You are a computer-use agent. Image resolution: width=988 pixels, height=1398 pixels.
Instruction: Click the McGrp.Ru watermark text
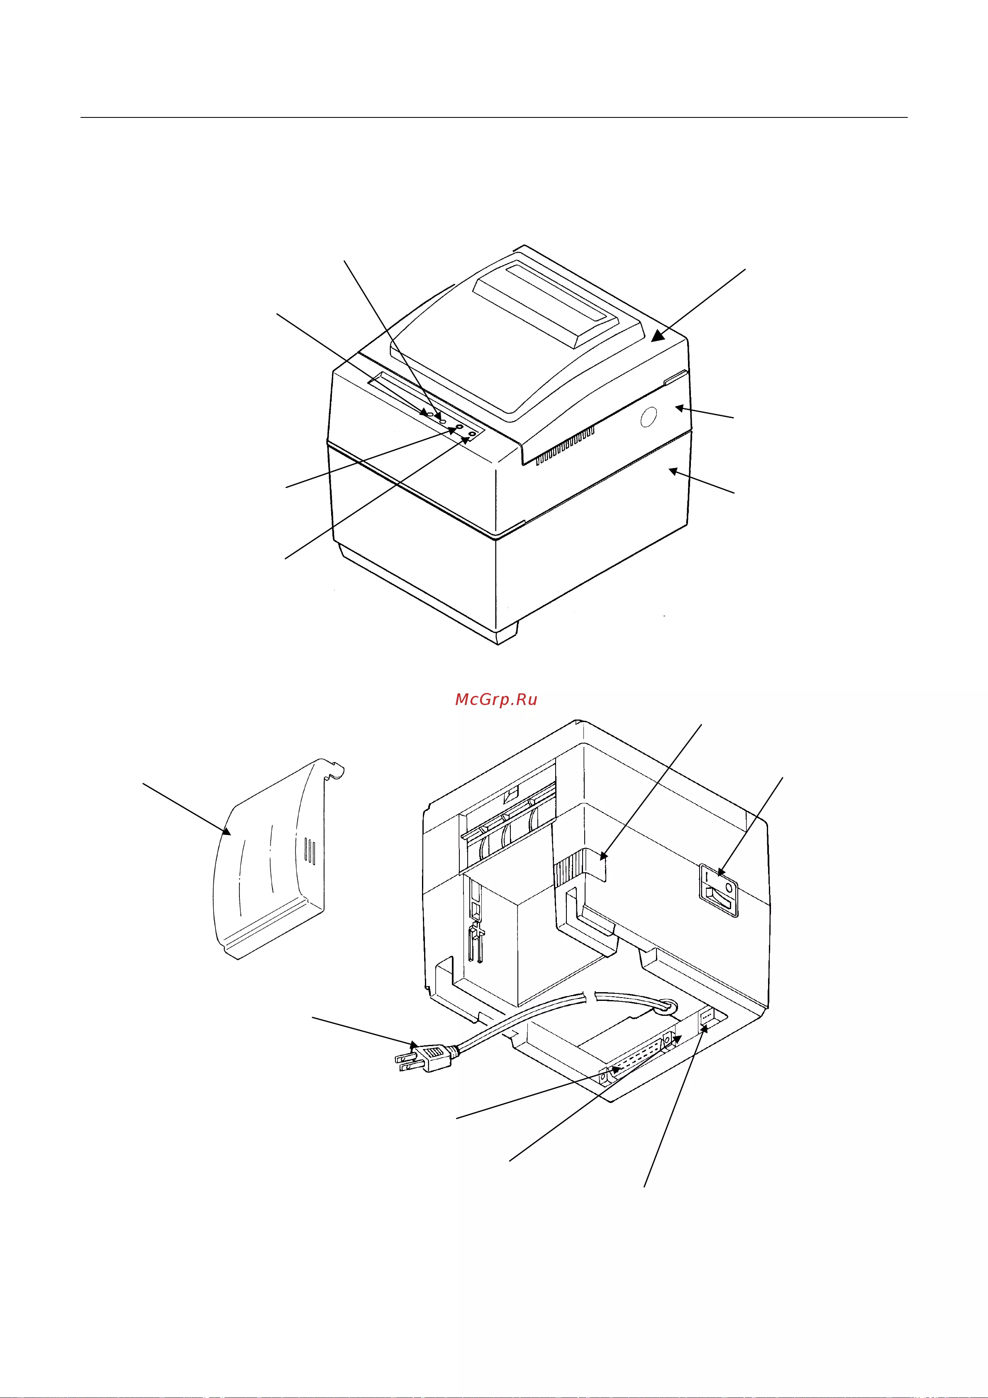496,700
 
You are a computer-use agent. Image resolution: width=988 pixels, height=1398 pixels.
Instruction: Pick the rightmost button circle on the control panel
472,434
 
